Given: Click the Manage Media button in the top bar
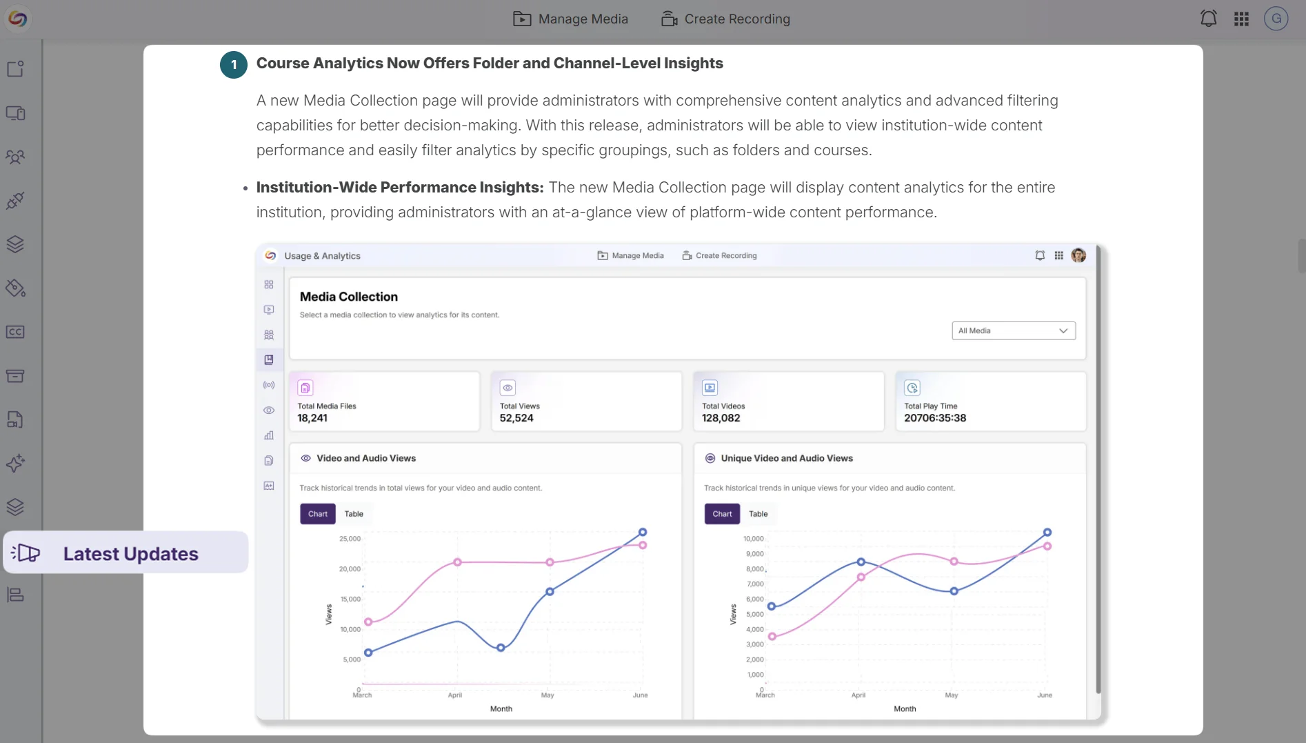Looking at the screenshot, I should (571, 19).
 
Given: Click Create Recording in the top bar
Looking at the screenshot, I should (725, 19).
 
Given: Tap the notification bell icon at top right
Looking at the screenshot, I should (1208, 19).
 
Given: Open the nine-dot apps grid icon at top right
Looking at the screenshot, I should (1241, 19).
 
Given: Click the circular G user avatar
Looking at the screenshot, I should (1276, 19).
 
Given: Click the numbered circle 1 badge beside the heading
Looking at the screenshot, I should (234, 65).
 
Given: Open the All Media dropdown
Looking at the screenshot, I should (1013, 330).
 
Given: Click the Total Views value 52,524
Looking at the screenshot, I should (516, 418).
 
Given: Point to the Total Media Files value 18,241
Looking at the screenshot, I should (312, 418).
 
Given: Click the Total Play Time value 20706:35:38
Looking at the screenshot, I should (935, 418).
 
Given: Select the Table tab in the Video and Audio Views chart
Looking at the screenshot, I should (354, 514).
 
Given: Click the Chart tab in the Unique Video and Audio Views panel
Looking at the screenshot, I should (722, 514).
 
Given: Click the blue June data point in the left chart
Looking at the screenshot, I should (643, 532).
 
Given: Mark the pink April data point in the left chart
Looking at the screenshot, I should (457, 562).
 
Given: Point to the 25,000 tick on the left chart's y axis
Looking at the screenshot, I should (350, 539).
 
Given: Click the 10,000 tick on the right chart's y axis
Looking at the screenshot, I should (753, 539).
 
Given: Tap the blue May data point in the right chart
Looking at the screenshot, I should (954, 591).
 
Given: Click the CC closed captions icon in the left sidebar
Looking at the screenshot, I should (15, 332).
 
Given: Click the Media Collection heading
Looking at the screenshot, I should (348, 297).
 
